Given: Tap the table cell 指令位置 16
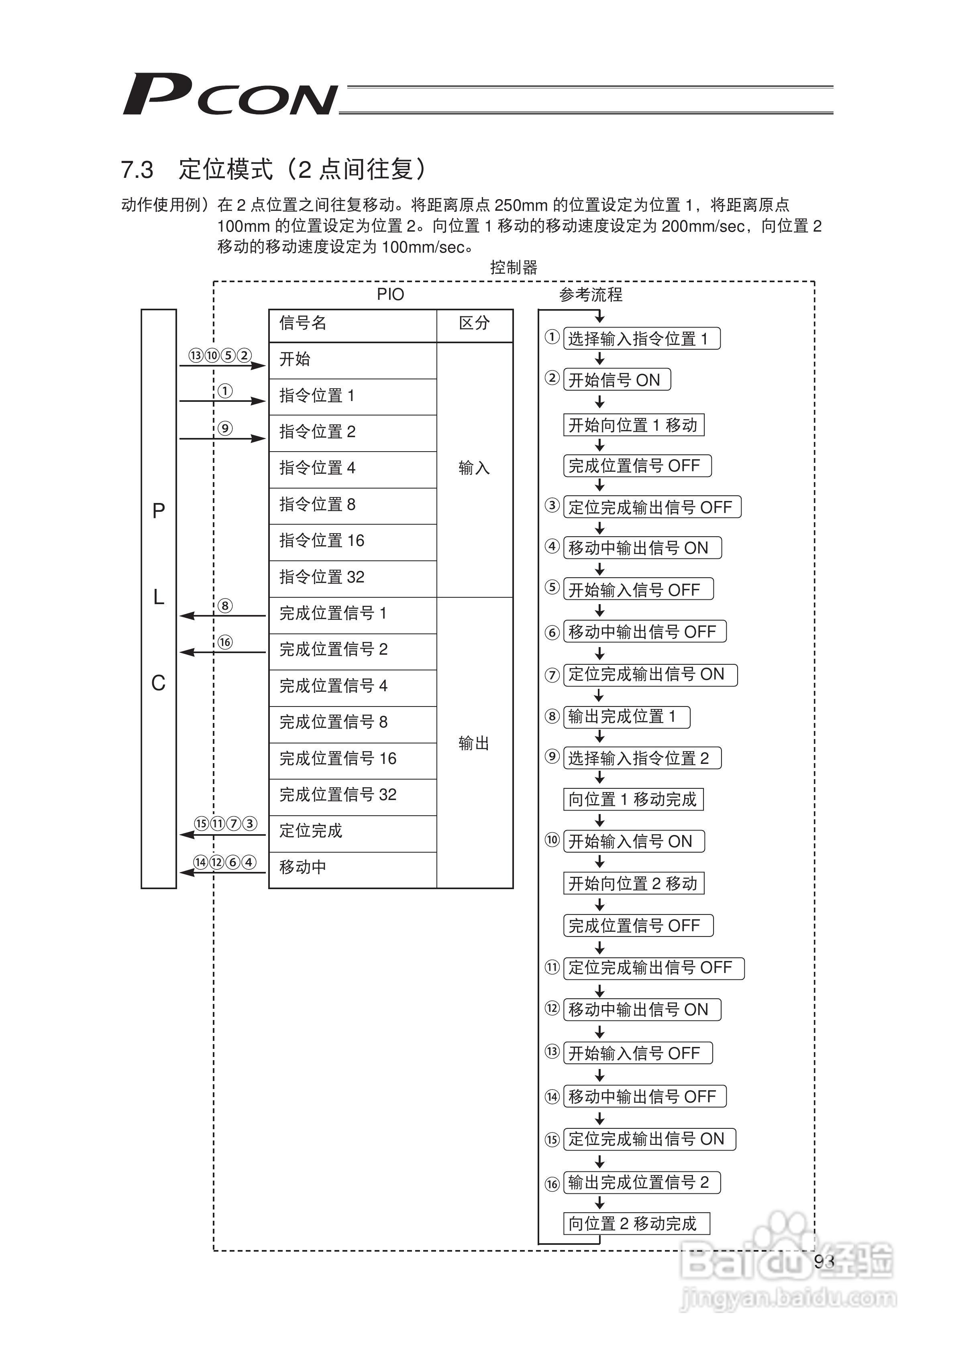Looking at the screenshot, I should point(322,541).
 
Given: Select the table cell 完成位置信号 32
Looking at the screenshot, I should point(338,795).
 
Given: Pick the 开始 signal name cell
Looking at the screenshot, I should point(295,359).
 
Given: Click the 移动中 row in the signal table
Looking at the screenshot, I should point(303,867).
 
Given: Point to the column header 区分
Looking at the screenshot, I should point(474,323).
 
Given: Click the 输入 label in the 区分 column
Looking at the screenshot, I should point(474,468).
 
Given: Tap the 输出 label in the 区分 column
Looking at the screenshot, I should point(474,744).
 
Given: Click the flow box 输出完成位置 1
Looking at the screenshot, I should point(626,717).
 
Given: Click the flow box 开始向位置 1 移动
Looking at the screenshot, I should point(633,425).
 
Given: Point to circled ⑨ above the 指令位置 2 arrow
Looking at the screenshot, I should point(225,428).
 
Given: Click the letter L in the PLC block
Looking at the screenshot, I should point(159,597).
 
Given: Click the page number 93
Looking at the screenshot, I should point(824,1261).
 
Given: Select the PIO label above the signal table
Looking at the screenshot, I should point(391,294).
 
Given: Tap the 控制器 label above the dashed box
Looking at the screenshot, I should point(514,268).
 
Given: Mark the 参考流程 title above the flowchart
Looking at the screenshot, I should point(590,294).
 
